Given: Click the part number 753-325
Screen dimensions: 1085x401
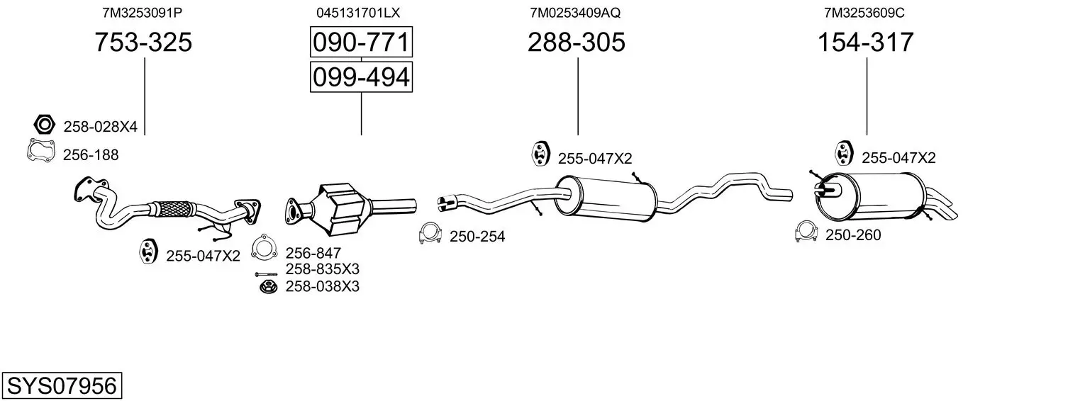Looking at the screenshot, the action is coord(143,42).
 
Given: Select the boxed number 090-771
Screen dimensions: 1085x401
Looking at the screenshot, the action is coord(362,42).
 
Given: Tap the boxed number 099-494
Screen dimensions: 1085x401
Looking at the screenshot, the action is coord(362,77).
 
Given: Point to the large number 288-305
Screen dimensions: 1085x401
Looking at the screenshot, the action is coord(577,42).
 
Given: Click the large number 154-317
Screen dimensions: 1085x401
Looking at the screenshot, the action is coord(866,42).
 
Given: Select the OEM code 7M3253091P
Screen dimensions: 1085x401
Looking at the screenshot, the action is coord(142,13).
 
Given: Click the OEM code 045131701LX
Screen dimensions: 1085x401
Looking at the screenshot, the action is coord(358,13).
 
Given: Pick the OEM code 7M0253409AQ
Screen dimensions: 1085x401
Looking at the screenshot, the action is coord(575,13).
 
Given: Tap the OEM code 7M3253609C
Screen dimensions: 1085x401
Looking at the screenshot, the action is coord(864,13).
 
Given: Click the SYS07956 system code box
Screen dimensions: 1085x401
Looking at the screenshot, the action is coord(62,385).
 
